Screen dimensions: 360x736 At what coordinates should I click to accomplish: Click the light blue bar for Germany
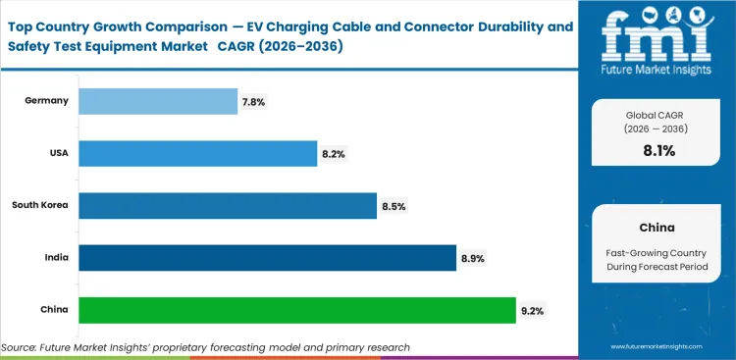tap(157, 101)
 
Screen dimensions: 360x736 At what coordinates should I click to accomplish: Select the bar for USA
tap(197, 153)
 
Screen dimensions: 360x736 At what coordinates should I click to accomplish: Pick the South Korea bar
tap(227, 206)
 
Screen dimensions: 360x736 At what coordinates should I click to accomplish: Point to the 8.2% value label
tap(333, 154)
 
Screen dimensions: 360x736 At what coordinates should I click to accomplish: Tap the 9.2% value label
tap(531, 311)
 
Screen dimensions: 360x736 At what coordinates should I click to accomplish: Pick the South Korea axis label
tap(39, 206)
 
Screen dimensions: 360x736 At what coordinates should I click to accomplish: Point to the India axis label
tap(55, 258)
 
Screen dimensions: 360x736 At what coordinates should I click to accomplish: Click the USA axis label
tap(56, 153)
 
